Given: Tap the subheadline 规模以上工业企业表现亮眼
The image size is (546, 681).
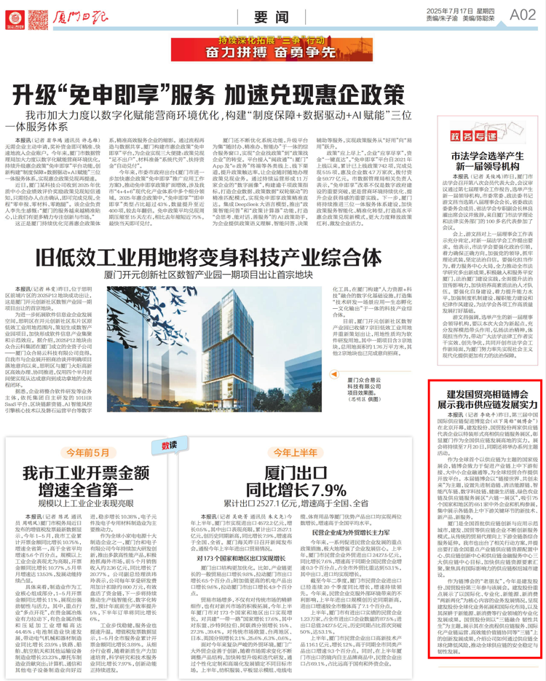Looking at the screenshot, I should click(x=87, y=503).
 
